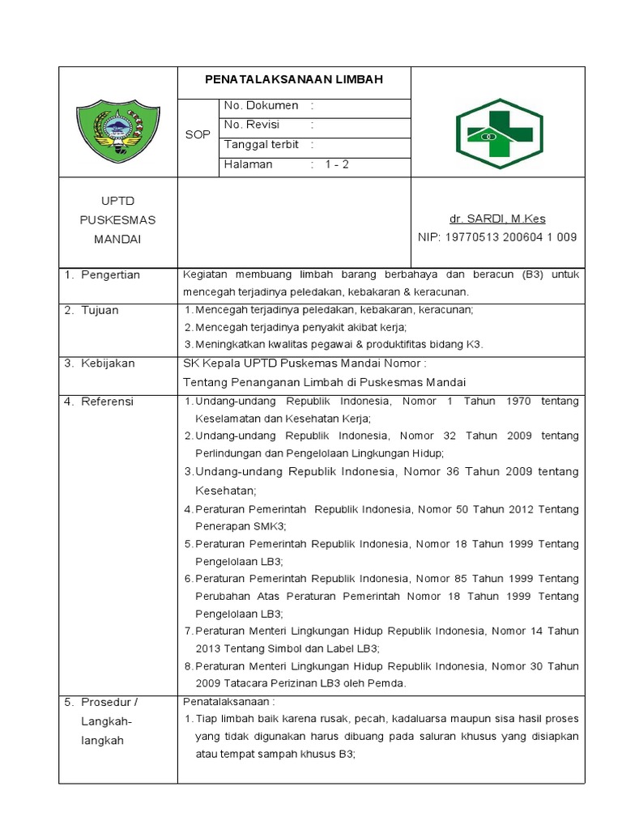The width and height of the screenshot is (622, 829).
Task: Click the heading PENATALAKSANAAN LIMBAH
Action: coord(293,79)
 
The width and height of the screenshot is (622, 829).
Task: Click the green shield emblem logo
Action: coord(118,129)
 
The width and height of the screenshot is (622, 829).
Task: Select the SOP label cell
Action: coord(197,134)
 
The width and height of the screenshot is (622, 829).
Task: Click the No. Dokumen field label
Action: coord(261,106)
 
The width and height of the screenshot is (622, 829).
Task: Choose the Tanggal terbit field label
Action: coord(261,145)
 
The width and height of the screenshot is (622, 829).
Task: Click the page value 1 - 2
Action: coord(337,164)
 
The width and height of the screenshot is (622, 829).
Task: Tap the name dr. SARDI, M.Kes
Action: coord(497,219)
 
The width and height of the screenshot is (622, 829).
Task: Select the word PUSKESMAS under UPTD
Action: coord(118,219)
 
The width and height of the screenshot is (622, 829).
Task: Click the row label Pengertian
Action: coord(110,275)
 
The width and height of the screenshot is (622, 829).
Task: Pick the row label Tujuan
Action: coord(100,310)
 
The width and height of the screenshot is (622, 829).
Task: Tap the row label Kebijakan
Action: coord(108,363)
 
